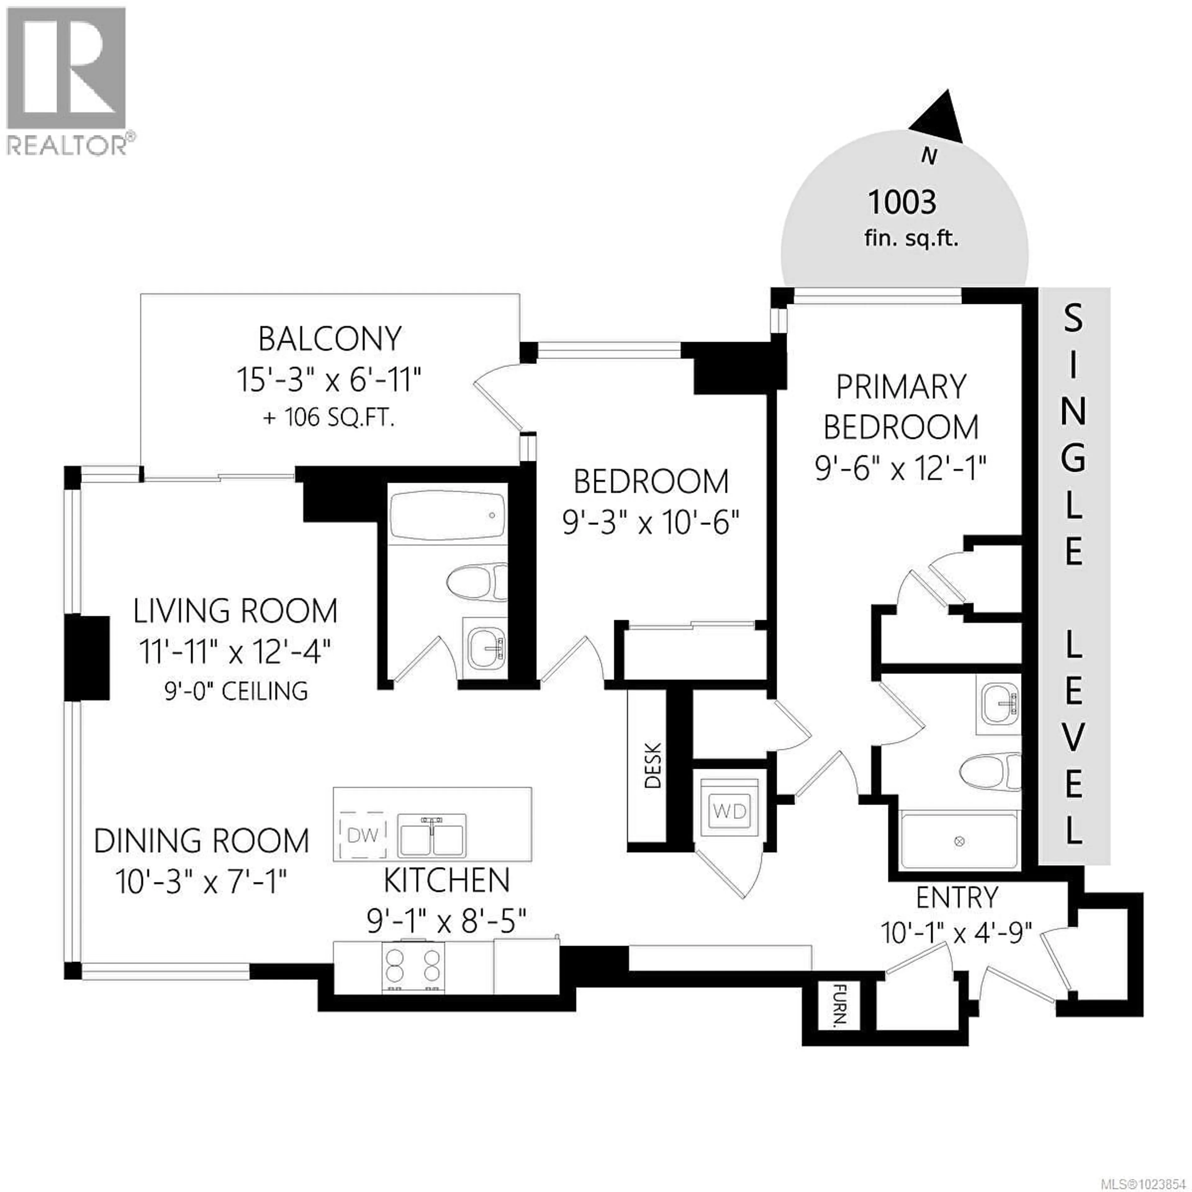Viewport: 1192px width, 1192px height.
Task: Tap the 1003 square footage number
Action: pyautogui.click(x=902, y=202)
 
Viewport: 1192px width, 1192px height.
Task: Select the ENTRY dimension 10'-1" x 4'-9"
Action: pyautogui.click(x=956, y=932)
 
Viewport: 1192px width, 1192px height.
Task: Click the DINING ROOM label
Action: pyautogui.click(x=202, y=841)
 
